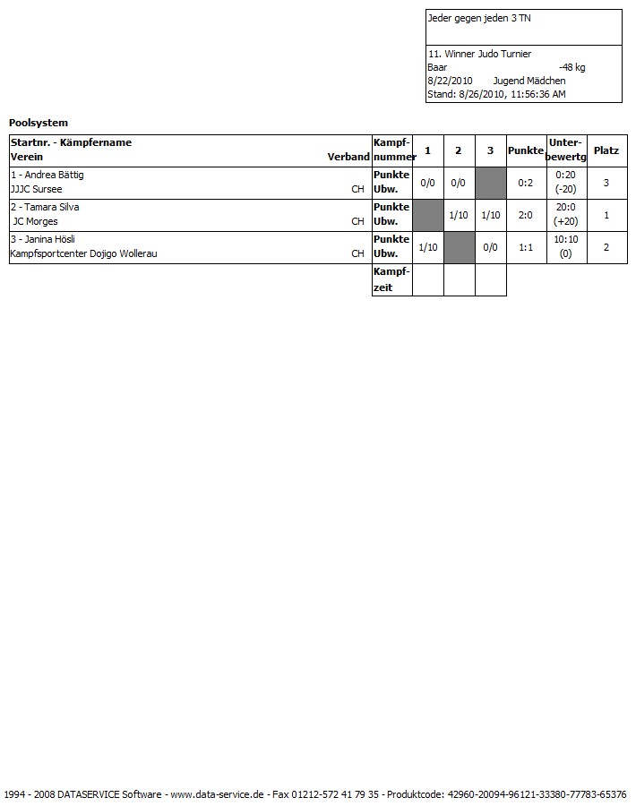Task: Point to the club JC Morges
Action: point(35,222)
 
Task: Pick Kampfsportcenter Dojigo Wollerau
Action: point(83,254)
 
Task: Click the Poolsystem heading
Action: point(39,123)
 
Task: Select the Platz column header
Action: point(606,150)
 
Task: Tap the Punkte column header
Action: point(526,150)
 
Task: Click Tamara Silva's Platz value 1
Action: point(606,215)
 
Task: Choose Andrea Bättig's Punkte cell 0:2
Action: point(526,183)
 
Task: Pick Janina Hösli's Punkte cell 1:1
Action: point(526,247)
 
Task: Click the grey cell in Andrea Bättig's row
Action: point(490,183)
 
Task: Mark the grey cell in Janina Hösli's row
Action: point(459,247)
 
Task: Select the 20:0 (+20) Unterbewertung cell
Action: point(565,215)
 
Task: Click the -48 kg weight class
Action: point(572,67)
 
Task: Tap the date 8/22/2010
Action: point(450,81)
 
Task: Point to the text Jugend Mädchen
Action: point(529,81)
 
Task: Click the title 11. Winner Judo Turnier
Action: point(479,54)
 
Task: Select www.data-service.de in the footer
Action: point(217,794)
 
